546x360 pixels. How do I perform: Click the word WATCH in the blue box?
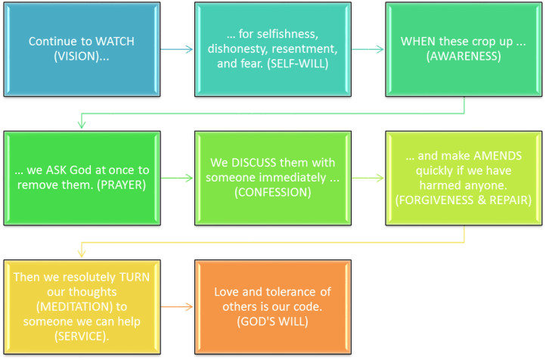click(x=115, y=42)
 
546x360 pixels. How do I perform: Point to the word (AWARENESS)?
click(x=464, y=56)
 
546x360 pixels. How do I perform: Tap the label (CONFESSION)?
click(x=273, y=192)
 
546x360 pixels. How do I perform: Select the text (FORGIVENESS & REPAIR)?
click(x=464, y=200)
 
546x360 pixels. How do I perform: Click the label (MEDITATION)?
click(x=81, y=306)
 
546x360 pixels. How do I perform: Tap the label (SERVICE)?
click(x=81, y=335)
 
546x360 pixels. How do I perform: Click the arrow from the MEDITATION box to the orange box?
click(x=178, y=307)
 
